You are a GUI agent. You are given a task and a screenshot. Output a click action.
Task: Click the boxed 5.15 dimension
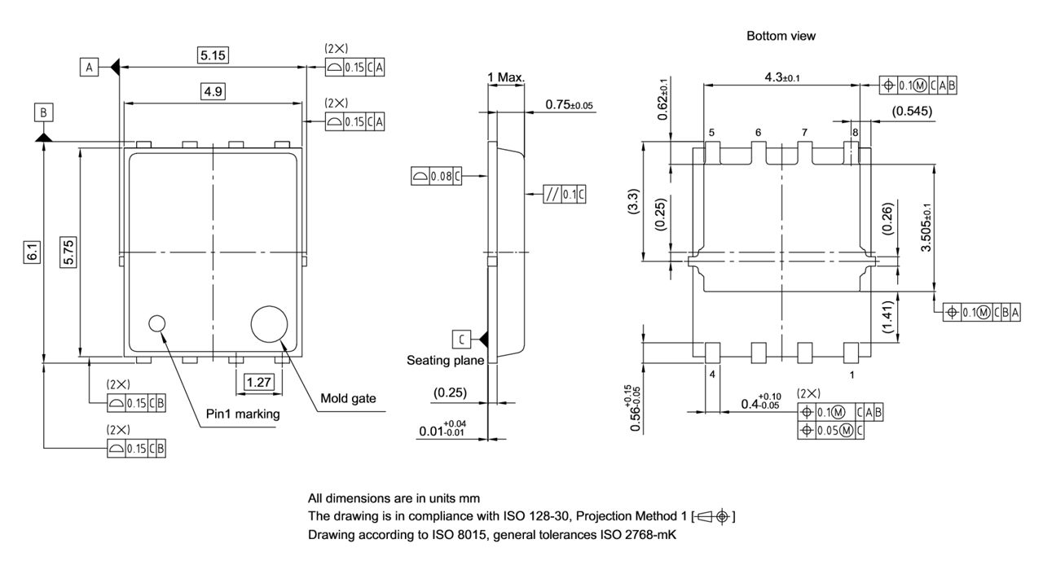point(213,55)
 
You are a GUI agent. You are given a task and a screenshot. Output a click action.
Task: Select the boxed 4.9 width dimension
point(213,91)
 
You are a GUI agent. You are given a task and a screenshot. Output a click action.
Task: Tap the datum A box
point(89,67)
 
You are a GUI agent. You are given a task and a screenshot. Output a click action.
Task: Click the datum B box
point(44,112)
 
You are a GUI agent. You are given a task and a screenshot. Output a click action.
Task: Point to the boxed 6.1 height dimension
point(32,254)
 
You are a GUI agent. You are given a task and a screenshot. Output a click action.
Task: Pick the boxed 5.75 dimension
point(69,254)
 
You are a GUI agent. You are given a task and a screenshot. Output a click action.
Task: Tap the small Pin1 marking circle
point(156,323)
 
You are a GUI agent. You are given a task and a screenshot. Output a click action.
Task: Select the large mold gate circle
point(270,324)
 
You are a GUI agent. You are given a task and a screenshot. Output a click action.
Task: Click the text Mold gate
point(348,398)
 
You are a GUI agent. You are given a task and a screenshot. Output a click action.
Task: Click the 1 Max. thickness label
point(506,77)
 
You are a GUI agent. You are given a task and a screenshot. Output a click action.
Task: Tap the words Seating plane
point(445,360)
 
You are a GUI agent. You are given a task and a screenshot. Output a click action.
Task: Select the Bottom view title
point(781,36)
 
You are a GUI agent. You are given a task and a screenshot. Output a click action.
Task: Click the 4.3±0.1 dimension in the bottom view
point(781,77)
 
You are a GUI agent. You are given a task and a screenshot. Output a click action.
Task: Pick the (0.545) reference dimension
point(912,111)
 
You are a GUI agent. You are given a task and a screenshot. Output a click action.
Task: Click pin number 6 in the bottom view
point(758,132)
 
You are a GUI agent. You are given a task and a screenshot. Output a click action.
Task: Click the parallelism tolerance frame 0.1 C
point(564,194)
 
